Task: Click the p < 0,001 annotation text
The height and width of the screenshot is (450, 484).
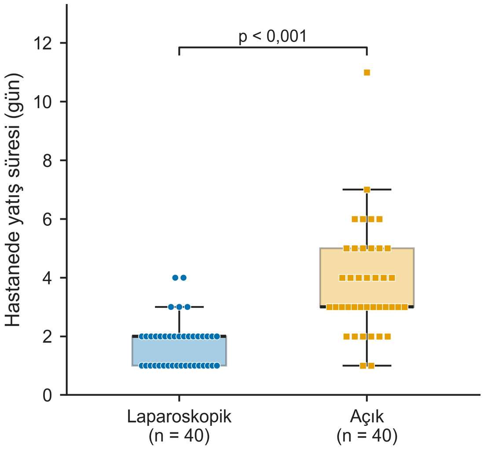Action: pos(273,37)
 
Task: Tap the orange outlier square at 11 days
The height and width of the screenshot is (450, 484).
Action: pos(367,73)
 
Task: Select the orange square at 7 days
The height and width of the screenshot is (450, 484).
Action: pos(367,189)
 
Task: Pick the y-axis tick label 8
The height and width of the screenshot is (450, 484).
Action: pos(47,160)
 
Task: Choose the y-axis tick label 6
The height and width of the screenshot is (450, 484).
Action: pos(47,219)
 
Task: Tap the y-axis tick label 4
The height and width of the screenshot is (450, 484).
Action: pos(47,278)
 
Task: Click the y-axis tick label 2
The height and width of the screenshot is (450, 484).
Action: pos(47,336)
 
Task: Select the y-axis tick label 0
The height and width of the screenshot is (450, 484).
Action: pos(47,395)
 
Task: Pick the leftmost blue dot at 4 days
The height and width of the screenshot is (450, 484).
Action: pos(175,278)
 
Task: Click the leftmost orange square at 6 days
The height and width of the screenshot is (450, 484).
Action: pos(355,219)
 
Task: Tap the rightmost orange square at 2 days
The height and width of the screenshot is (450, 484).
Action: pos(388,337)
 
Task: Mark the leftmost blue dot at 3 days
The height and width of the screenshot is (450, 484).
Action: pos(171,307)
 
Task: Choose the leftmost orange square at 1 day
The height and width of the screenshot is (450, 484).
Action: pos(363,366)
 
